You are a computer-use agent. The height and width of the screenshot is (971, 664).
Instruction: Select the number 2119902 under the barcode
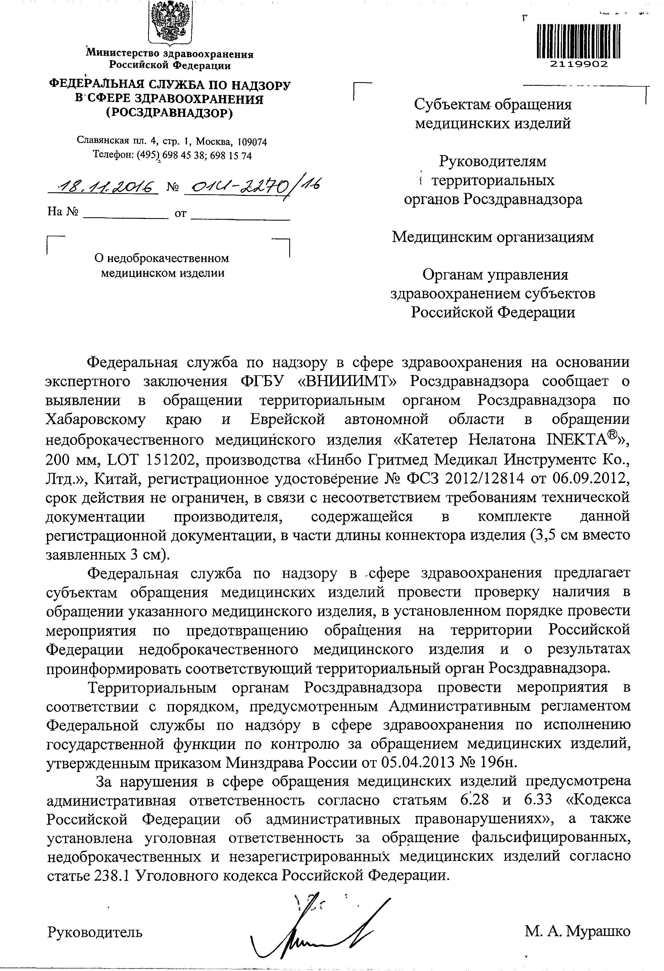click(x=579, y=64)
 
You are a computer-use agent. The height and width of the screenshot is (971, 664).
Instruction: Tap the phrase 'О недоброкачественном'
click(x=162, y=258)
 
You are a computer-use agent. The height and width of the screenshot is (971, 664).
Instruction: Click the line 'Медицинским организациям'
click(x=493, y=237)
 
